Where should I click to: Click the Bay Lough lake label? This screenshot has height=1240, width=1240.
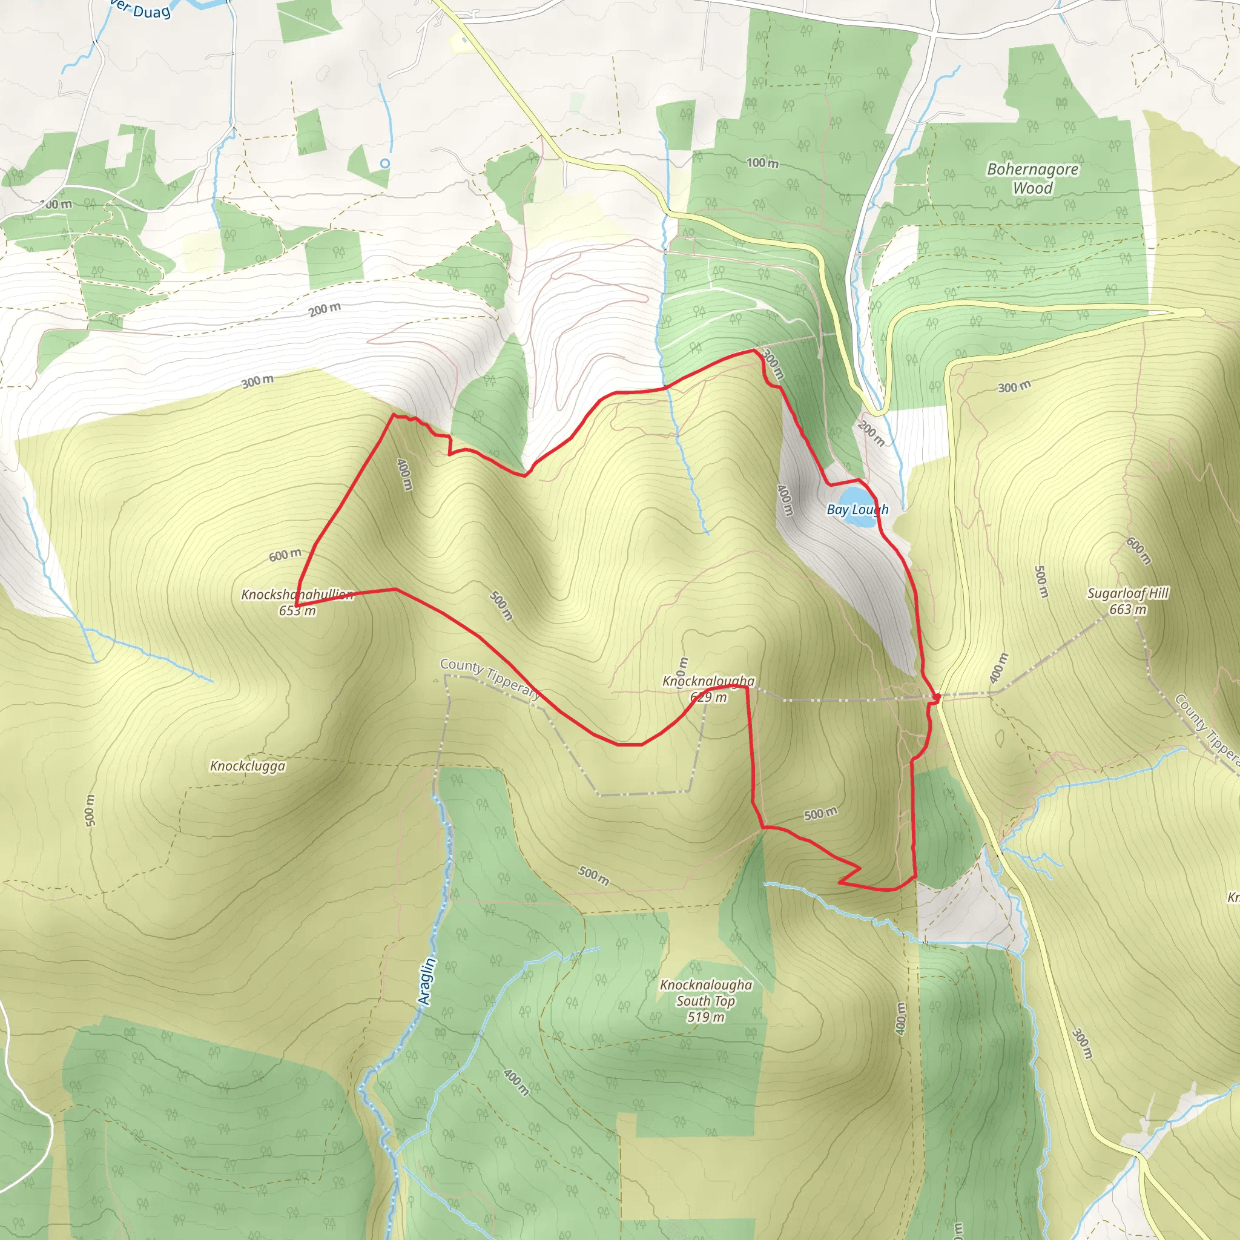coord(857,510)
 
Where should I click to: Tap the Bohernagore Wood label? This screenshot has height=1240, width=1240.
coord(1032,179)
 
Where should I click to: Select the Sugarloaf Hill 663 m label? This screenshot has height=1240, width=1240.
coord(1127,601)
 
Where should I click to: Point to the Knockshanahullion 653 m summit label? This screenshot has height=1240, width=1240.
coord(297,602)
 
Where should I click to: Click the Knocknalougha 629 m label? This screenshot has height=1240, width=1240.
coord(708,688)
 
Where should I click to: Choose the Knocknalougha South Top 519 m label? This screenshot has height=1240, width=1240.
coord(706,1001)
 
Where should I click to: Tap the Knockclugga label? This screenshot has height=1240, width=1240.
coord(248,766)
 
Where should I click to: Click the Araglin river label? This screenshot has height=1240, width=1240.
coord(426,981)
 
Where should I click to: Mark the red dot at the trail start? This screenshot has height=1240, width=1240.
coord(937,697)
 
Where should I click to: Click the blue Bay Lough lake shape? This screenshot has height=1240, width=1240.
coord(859,498)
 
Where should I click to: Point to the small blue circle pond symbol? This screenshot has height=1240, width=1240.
coord(384,163)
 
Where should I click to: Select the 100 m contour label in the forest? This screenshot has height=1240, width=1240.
coord(762,163)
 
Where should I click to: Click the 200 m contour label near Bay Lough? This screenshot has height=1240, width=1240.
coord(871,434)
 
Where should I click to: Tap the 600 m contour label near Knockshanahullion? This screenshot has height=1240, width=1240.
coord(285,555)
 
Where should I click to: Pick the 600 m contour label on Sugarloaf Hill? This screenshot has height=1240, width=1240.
coord(1139,551)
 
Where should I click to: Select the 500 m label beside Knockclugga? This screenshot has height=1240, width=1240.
coord(90,810)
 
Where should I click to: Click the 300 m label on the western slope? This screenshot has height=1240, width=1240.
coord(257,381)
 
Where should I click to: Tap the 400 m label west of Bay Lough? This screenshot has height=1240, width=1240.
coord(785,500)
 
